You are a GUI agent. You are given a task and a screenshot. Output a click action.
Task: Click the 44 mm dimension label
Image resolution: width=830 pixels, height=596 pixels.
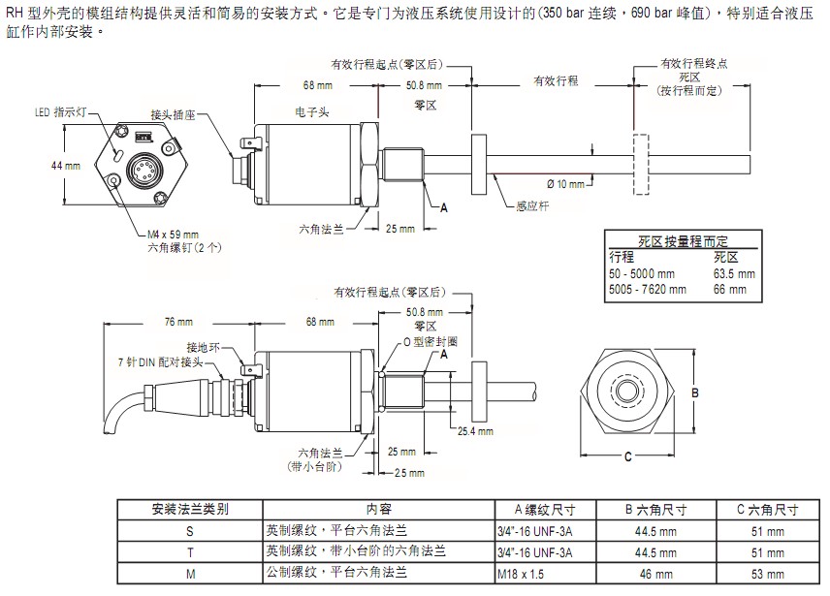[66, 166]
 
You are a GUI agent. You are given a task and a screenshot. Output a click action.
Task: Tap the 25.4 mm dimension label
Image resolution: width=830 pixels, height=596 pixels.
[475, 431]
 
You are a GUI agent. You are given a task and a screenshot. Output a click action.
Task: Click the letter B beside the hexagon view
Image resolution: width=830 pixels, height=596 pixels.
[694, 392]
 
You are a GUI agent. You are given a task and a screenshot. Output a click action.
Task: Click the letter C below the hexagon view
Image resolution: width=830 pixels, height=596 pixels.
[627, 455]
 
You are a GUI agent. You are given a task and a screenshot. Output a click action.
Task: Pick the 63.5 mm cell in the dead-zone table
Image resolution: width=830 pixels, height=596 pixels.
[733, 273]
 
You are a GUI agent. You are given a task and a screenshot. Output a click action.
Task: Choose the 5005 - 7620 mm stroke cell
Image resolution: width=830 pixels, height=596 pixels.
[648, 288]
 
